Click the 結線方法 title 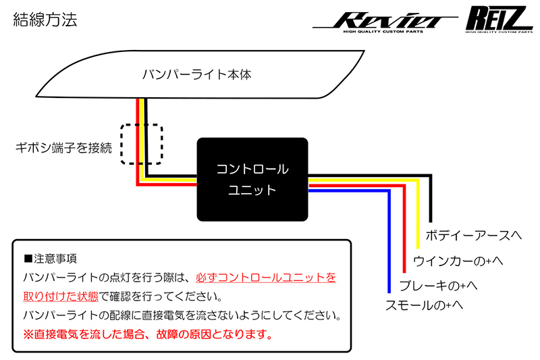point(45,19)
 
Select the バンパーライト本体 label point(196,74)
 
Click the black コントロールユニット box point(252,179)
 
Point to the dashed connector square point(142,143)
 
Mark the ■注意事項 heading point(51,258)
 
